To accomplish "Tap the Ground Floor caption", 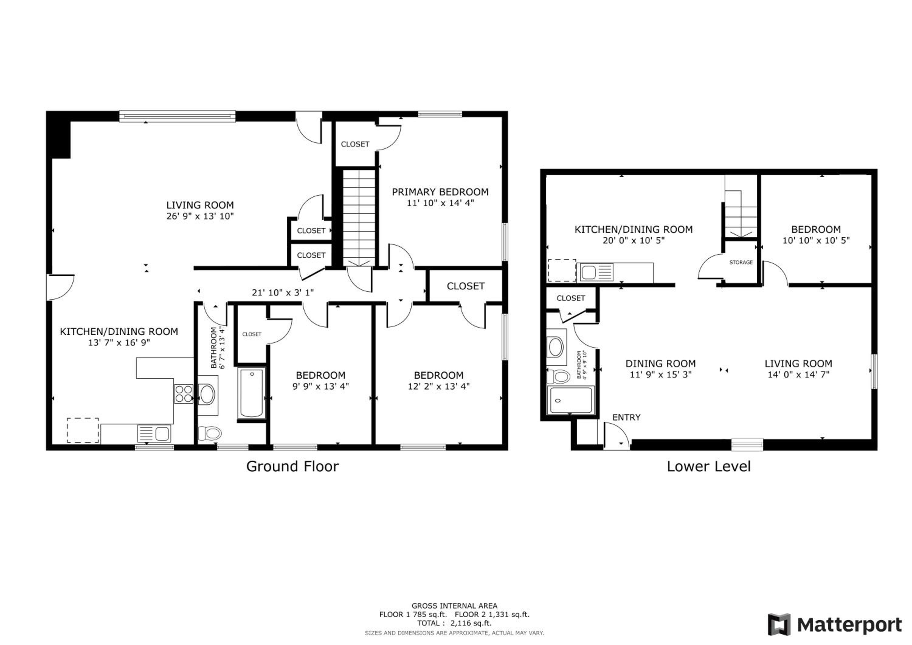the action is click(x=292, y=466).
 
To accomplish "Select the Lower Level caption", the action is click(x=709, y=466).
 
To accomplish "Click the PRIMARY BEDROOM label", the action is click(x=440, y=192).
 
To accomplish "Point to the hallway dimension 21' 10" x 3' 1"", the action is click(x=283, y=293).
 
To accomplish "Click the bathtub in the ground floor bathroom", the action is click(x=251, y=393).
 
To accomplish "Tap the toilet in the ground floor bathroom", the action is click(x=209, y=433).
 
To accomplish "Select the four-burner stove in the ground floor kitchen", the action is click(x=184, y=394).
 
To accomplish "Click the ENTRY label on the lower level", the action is click(x=627, y=417).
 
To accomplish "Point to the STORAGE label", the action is click(x=741, y=262).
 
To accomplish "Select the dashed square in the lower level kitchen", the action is click(x=562, y=270).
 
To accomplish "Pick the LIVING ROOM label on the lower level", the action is click(x=798, y=364).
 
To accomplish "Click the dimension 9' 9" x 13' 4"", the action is click(x=320, y=386).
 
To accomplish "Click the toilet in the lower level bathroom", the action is click(x=559, y=376).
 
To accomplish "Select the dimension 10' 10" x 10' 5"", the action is click(x=816, y=240).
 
